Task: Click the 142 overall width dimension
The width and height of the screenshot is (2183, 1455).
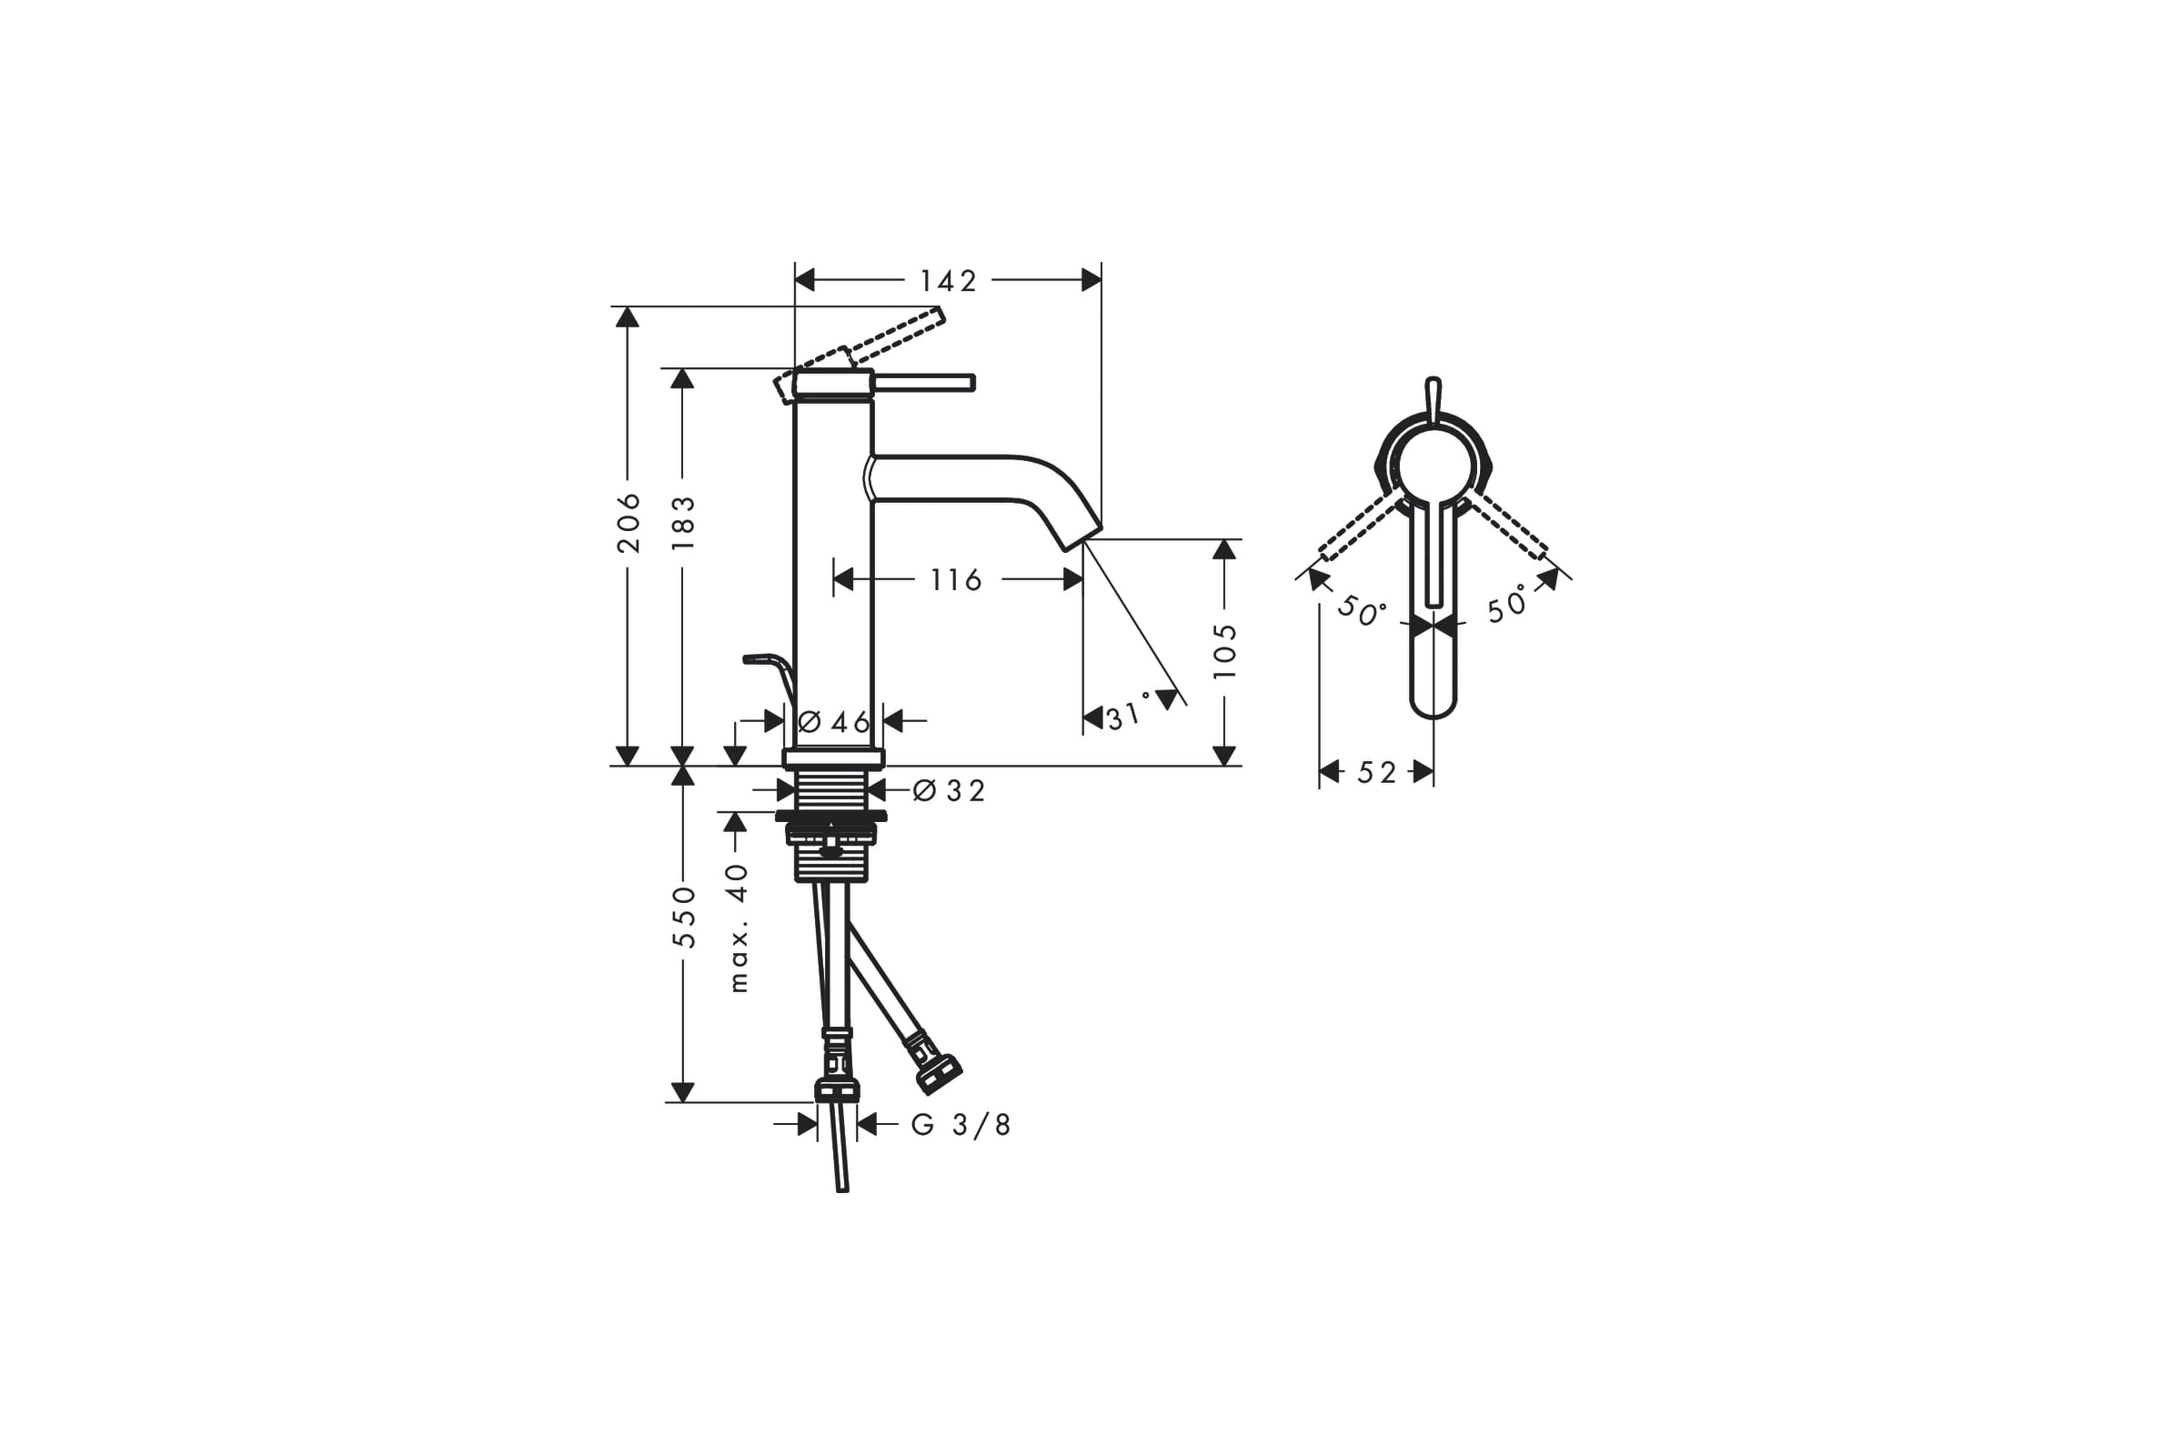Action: pyautogui.click(x=948, y=280)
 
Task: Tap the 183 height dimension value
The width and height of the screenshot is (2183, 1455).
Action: pyautogui.click(x=683, y=522)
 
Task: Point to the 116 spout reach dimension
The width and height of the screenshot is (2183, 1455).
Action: pyautogui.click(x=956, y=580)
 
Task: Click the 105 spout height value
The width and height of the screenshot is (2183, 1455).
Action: pyautogui.click(x=1225, y=650)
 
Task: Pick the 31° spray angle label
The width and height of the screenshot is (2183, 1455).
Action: pyautogui.click(x=1129, y=713)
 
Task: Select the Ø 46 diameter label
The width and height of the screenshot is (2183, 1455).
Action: pyautogui.click(x=833, y=721)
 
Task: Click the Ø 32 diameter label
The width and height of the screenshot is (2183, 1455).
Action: pyautogui.click(x=949, y=790)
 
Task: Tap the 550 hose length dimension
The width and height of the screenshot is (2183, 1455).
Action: pyautogui.click(x=684, y=917)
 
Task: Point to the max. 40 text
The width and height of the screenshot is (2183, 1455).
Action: pyautogui.click(x=738, y=928)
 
